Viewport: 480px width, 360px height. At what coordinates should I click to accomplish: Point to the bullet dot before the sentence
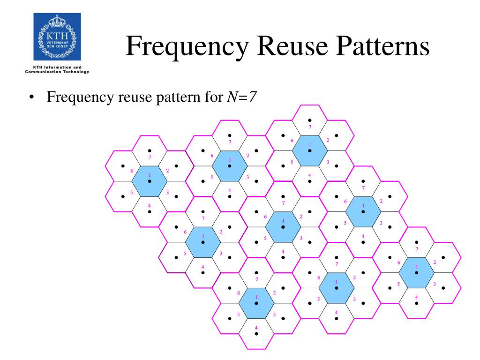point(31,98)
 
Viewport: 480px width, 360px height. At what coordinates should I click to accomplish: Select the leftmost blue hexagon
point(150,181)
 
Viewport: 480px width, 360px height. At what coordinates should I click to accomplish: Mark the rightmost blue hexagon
point(417,272)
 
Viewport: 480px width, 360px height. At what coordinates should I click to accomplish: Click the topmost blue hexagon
point(310,150)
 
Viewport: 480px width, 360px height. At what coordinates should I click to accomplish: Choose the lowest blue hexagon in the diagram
point(256,303)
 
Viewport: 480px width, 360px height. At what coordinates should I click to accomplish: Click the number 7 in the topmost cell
point(310,127)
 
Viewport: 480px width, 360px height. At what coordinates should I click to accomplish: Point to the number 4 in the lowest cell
point(256,327)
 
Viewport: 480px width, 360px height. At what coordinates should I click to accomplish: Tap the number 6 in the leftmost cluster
point(132,171)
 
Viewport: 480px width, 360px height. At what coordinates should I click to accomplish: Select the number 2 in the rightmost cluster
point(435,262)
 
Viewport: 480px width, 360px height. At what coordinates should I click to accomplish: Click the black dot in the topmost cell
point(310,120)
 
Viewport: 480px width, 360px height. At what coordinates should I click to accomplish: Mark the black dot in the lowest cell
point(256,334)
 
